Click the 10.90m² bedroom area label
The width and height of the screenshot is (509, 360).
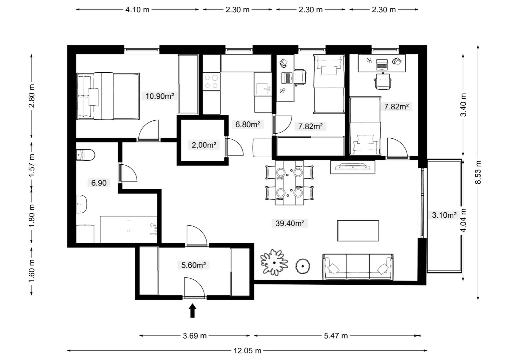159,96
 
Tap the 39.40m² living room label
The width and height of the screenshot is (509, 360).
290,223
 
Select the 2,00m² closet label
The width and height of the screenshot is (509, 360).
204,145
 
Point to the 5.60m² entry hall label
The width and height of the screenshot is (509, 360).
193,265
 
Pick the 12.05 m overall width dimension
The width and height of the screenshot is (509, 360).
247,351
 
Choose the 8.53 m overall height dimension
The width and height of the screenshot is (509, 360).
478,172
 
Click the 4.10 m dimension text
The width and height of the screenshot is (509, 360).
137,10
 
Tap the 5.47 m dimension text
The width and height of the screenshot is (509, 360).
336,335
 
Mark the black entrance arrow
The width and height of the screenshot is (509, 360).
192,310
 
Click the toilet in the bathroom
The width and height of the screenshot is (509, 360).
85,155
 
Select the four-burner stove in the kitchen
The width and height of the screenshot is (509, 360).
211,82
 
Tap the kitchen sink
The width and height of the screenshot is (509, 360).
263,89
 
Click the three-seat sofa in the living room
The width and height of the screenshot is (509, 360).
358,267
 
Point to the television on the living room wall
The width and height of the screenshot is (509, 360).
353,167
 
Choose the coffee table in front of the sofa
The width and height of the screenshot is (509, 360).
358,231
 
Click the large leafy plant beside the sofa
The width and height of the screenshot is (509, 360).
274,262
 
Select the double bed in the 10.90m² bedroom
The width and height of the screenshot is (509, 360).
108,96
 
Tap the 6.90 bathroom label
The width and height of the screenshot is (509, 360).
99,183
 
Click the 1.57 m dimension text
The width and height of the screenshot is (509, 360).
31,165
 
